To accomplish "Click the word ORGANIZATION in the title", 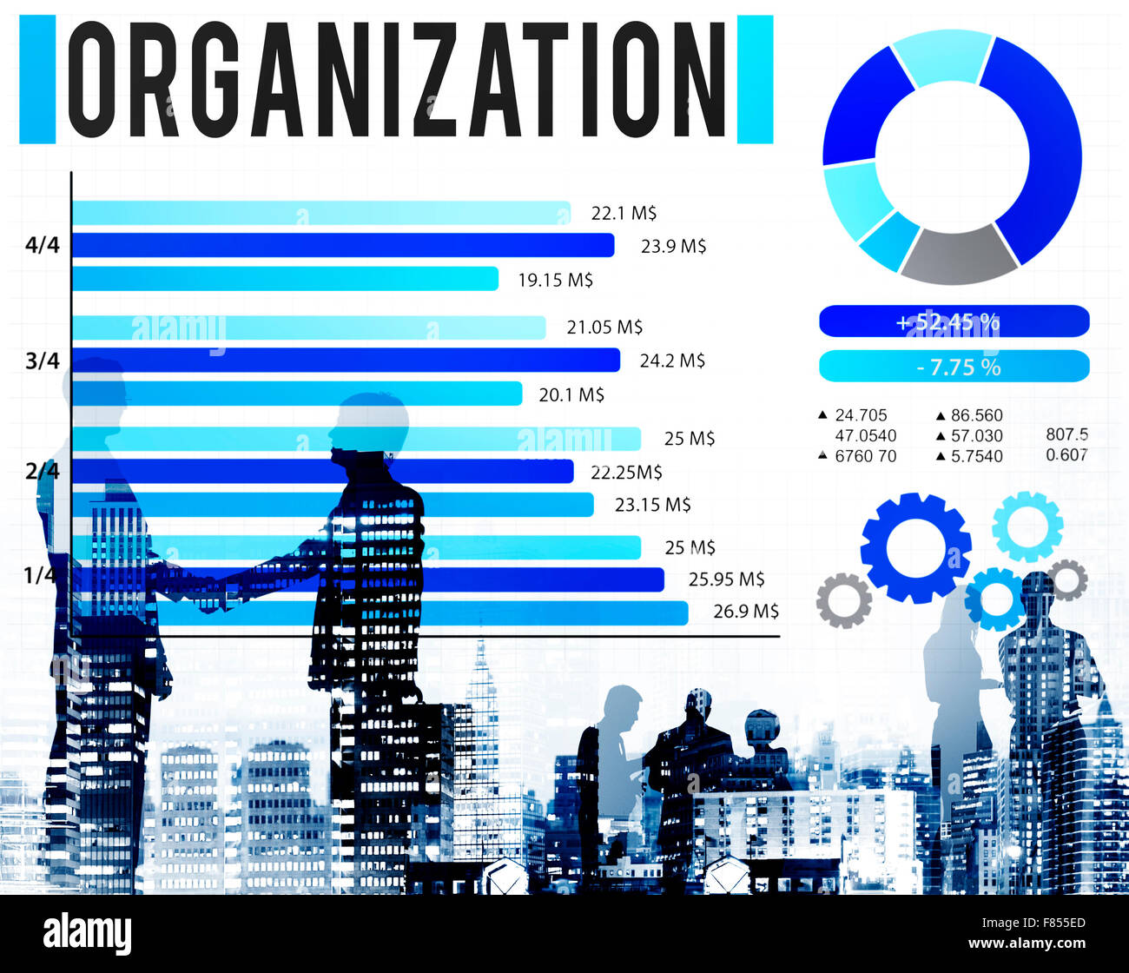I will [396, 79].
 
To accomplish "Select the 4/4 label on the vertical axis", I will [43, 245].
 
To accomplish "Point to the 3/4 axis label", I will [43, 360].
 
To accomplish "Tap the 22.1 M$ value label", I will [624, 213].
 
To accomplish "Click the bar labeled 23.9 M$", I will [342, 246].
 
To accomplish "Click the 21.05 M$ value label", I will [604, 327].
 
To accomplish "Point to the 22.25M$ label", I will [626, 472].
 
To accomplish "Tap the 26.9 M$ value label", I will [746, 611].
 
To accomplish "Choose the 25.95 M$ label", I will [726, 579].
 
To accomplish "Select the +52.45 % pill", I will [954, 321].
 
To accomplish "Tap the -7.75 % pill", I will [954, 367].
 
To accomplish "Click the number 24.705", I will [861, 415].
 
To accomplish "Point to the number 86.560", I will [976, 415].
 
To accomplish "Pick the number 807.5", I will [1066, 434].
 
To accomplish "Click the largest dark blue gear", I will [915, 548].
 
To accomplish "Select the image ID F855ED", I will [1053, 924].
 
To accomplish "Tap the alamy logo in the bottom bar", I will [88, 934].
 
